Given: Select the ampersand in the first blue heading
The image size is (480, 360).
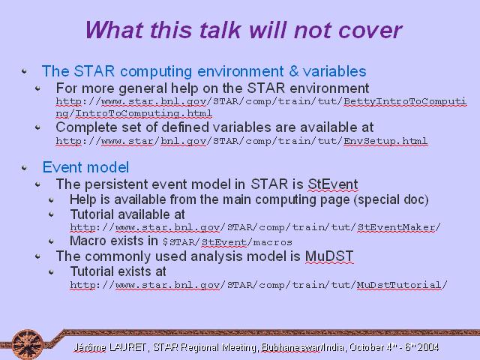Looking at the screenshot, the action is click(293, 71).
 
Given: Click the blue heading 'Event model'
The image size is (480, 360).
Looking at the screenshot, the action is click(85, 167).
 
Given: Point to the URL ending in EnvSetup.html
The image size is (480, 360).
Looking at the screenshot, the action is click(241, 141).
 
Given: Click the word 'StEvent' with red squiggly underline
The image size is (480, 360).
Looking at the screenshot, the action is click(333, 184).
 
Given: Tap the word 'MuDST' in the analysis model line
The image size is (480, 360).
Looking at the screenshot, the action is click(329, 256).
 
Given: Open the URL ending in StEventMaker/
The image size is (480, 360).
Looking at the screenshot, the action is click(255, 227).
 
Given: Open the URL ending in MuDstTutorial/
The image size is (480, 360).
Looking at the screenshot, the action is click(259, 285).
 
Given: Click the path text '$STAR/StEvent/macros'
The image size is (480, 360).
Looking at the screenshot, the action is click(227, 242).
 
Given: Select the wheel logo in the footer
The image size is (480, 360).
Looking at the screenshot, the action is click(28, 344).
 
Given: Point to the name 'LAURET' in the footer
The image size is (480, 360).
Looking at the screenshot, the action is click(127, 347).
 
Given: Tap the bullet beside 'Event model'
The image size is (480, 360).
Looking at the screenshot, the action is click(25, 168).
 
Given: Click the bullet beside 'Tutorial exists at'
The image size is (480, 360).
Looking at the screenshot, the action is click(52, 271).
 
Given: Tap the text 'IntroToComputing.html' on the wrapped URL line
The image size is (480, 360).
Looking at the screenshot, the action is click(143, 113).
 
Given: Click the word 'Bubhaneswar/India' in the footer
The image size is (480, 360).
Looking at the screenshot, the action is click(303, 347).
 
